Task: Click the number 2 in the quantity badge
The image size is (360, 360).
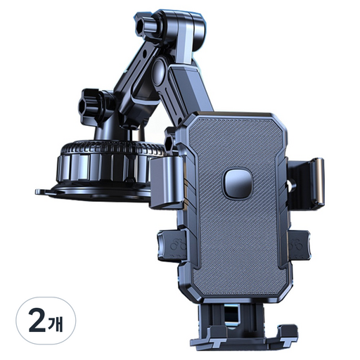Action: pyautogui.click(x=37, y=322)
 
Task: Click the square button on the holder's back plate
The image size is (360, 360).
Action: pyautogui.click(x=238, y=182)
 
